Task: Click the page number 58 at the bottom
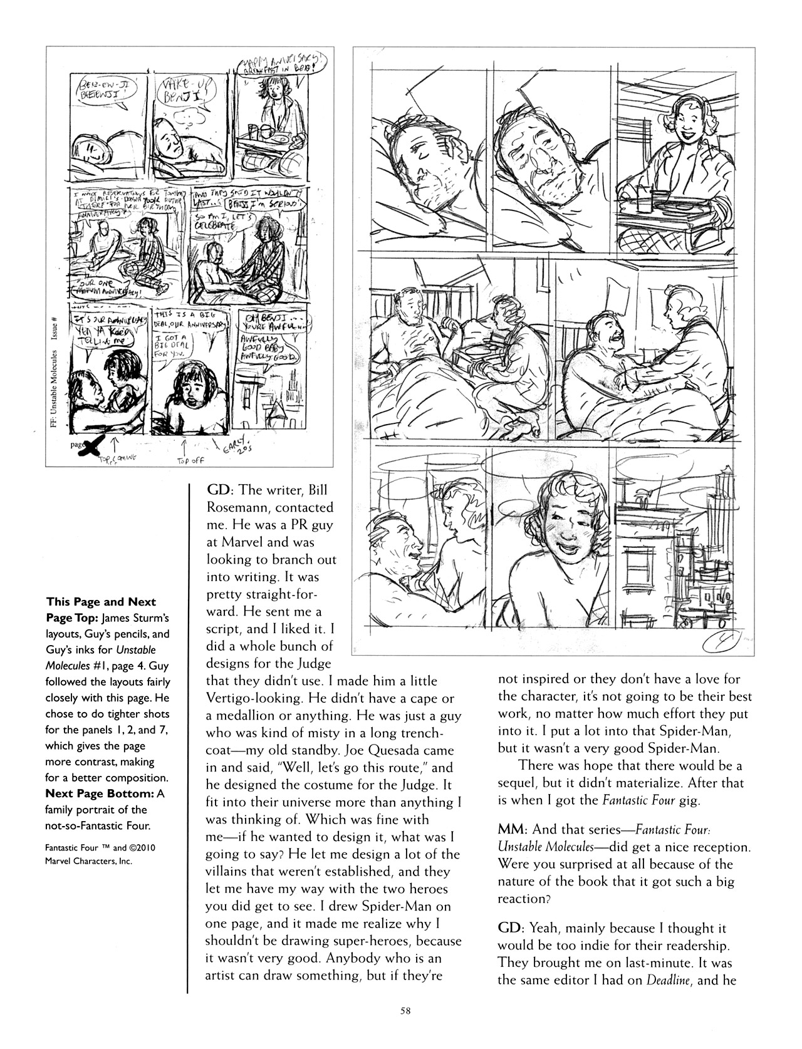tap(401, 1010)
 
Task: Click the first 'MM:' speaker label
tap(511, 830)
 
